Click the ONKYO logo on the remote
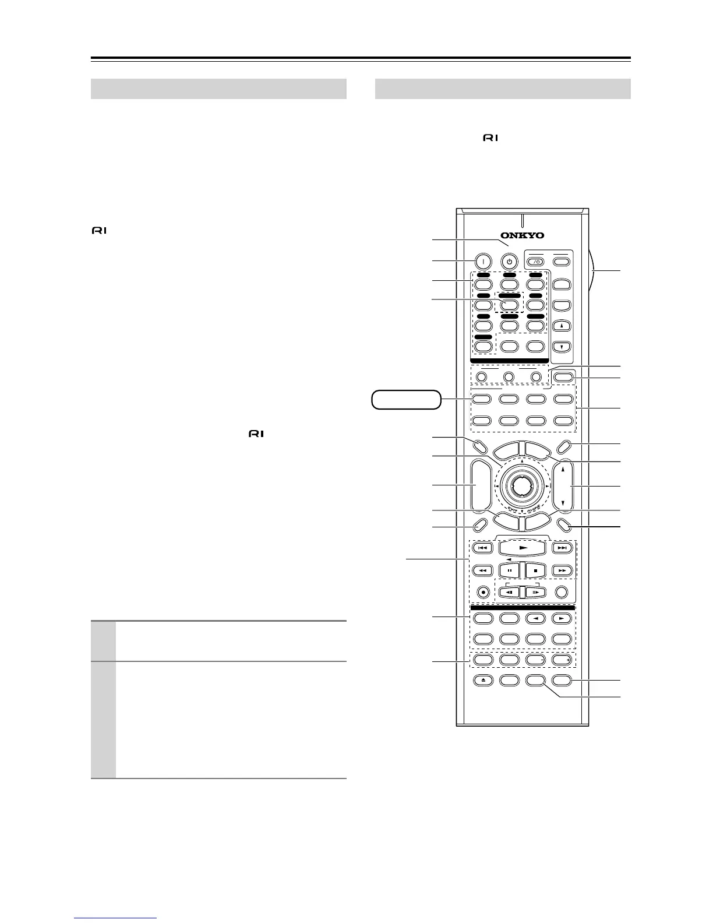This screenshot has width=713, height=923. coord(522,235)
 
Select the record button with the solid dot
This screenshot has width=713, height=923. coord(483,591)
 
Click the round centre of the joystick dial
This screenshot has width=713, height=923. coord(522,485)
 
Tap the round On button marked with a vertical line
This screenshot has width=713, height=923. coord(482,262)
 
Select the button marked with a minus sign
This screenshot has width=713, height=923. coord(535,660)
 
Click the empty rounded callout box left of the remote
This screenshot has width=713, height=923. coord(406,400)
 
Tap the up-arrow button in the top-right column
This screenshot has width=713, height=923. coord(562,326)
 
